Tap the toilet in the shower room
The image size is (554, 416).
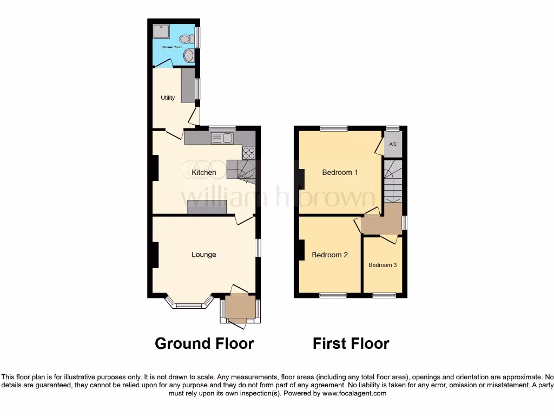tap(186, 39)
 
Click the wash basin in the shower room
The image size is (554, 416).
tap(188, 56)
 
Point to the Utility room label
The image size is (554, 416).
tap(168, 98)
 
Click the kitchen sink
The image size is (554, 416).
tap(222, 138)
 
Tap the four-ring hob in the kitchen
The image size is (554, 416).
tap(249, 153)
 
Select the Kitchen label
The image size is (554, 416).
tap(204, 173)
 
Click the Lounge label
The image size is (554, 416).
tap(204, 255)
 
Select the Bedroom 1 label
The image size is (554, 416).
tap(340, 173)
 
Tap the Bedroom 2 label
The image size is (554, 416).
tap(329, 255)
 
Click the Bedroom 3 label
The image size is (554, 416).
tap(382, 265)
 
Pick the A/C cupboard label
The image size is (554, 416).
tap(393, 144)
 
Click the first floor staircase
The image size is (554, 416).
tap(393, 181)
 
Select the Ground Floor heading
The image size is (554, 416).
tap(204, 343)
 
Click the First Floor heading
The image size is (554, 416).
tap(351, 343)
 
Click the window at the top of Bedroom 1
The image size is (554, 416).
tap(333, 128)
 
